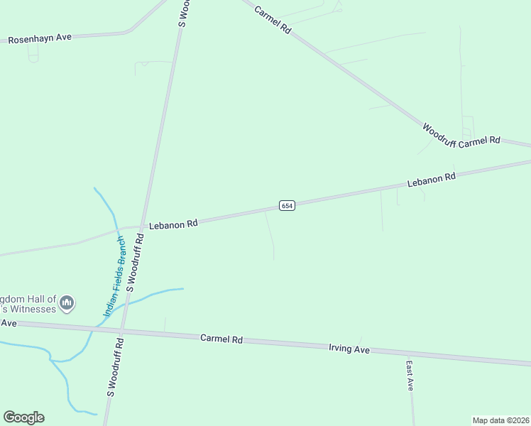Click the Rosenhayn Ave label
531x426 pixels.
pyautogui.click(x=40, y=38)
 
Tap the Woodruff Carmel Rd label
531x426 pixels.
pyautogui.click(x=461, y=136)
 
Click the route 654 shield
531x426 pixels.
pyautogui.click(x=286, y=205)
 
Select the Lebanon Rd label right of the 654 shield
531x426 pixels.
pyautogui.click(x=431, y=180)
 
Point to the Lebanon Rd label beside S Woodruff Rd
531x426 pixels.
pyautogui.click(x=173, y=224)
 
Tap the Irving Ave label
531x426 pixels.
pyautogui.click(x=349, y=349)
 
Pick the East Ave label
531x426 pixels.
pyautogui.click(x=410, y=376)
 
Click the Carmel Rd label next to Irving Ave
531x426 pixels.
pyautogui.click(x=221, y=339)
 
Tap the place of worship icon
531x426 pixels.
pyautogui.click(x=67, y=303)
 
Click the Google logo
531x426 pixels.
pyautogui.click(x=23, y=417)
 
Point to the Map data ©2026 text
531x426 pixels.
pyautogui.click(x=500, y=420)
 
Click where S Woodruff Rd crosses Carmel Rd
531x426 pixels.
pyautogui.click(x=122, y=330)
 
